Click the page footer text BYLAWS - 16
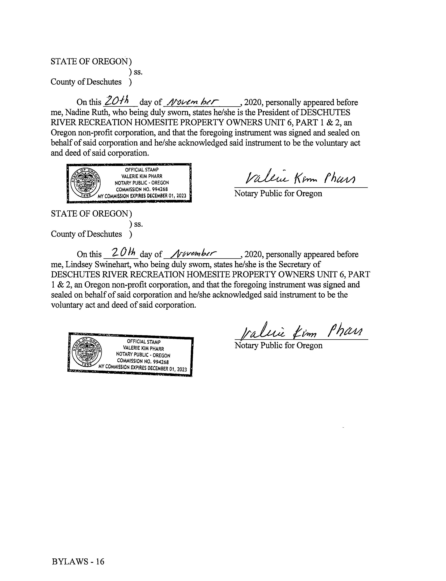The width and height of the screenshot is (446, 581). coord(78,561)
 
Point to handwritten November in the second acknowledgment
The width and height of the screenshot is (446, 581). coord(194,253)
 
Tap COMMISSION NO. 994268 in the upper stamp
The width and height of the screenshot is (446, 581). coord(142,190)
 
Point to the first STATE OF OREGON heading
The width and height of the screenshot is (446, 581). coord(89,62)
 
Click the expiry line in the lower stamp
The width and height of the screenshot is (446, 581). coord(143,368)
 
